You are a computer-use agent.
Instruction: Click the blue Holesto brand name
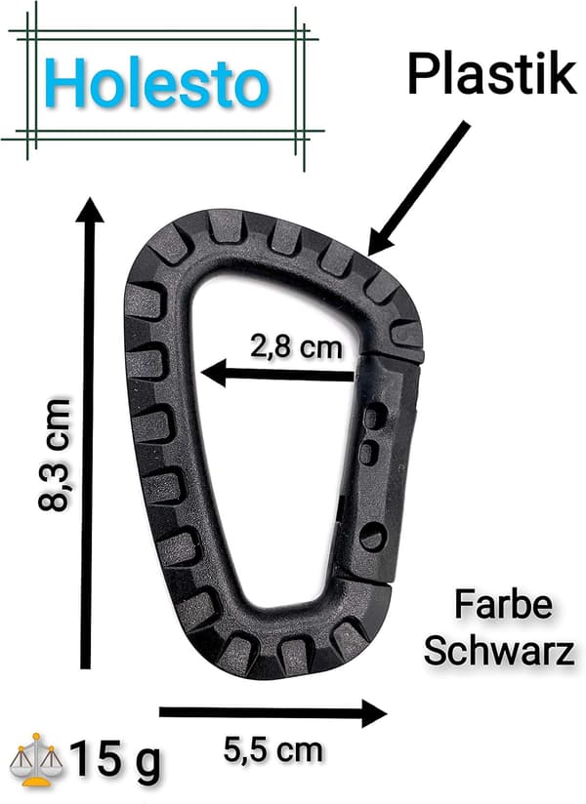(x=159, y=83)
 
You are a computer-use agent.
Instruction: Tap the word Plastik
(x=492, y=75)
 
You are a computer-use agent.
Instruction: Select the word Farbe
(x=503, y=605)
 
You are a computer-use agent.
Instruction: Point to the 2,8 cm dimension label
(x=296, y=346)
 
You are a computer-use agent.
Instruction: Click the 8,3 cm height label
(x=53, y=455)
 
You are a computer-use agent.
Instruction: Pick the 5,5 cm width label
(x=273, y=750)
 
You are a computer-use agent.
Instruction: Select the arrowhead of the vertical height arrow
(x=90, y=210)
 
